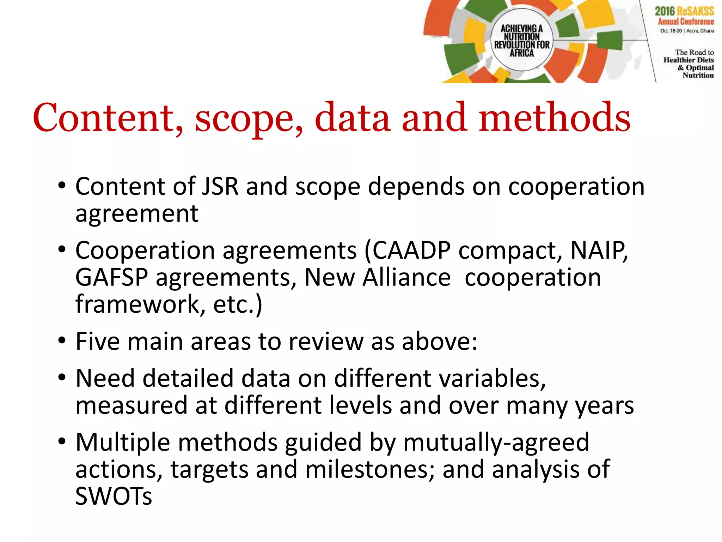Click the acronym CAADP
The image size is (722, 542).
(411, 251)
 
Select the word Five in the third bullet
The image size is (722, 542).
(97, 342)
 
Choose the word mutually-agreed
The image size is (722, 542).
(496, 442)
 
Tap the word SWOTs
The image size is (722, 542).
(114, 496)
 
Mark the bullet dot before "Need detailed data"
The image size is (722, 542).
(62, 378)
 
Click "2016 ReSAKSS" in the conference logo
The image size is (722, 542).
(684, 11)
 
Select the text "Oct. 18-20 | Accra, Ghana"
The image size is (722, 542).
(687, 31)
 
